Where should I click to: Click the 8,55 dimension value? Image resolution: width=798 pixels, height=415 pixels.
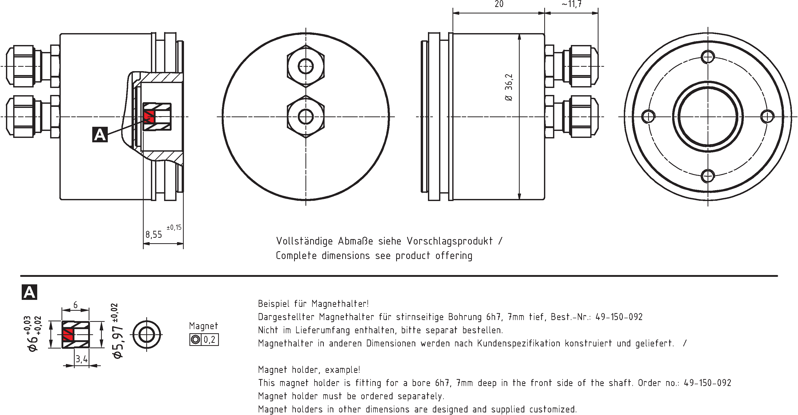click(154, 234)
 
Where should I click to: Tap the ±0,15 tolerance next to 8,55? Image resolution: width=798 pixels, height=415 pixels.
click(174, 228)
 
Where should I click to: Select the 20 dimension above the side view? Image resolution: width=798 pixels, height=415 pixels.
click(499, 4)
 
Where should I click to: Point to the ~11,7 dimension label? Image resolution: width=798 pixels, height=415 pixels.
click(572, 4)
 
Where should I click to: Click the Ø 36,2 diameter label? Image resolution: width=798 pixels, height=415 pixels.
click(509, 87)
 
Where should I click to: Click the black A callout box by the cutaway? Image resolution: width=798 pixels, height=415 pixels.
click(100, 135)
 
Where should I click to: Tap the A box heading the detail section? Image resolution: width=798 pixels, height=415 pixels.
click(29, 292)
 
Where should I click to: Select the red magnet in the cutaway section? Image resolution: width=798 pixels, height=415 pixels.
click(149, 116)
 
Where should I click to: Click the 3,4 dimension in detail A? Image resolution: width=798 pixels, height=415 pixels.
click(81, 359)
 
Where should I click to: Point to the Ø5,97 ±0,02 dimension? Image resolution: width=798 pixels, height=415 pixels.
click(118, 332)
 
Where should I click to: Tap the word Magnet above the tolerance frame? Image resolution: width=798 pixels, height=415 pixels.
click(204, 326)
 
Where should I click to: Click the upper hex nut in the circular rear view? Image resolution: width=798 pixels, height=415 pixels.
click(306, 66)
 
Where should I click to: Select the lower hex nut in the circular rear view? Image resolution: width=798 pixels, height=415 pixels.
click(306, 117)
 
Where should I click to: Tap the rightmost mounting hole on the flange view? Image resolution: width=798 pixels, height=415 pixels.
click(767, 117)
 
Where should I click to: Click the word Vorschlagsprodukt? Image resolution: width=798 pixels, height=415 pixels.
click(449, 241)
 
